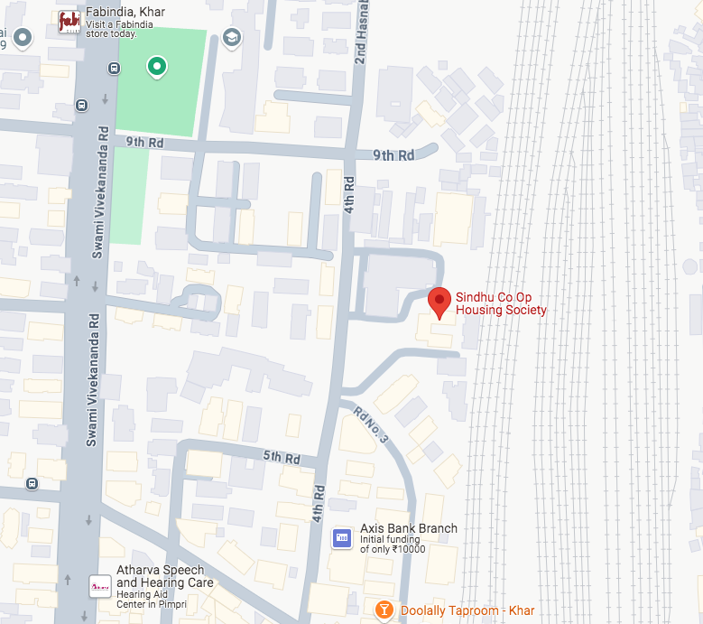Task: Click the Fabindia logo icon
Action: pyautogui.click(x=69, y=22)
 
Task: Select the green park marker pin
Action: pyautogui.click(x=157, y=66)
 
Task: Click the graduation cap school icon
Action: pyautogui.click(x=232, y=37)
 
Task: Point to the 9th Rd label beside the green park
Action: pyautogui.click(x=144, y=142)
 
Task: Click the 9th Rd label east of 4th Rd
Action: pyautogui.click(x=393, y=155)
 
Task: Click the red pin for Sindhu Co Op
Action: pyautogui.click(x=439, y=302)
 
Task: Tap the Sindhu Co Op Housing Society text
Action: pyautogui.click(x=500, y=303)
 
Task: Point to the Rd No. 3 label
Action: pyautogui.click(x=371, y=425)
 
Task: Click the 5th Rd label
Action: pyautogui.click(x=281, y=458)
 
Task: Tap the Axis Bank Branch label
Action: pyautogui.click(x=408, y=528)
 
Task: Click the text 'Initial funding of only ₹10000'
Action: pyautogui.click(x=393, y=545)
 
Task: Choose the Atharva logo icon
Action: pyautogui.click(x=99, y=586)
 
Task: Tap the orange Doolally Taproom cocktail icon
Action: pyautogui.click(x=384, y=611)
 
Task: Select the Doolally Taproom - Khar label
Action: pyautogui.click(x=467, y=611)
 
